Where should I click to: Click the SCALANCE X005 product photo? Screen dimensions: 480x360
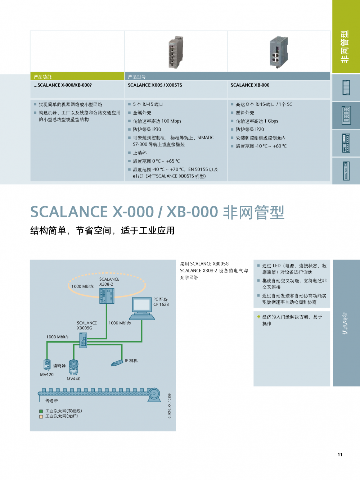coord(175,52)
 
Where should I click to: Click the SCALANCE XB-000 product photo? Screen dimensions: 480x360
coord(279,52)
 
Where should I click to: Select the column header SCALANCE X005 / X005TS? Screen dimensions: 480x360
coord(155,85)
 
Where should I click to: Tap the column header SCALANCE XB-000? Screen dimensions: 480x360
coord(250,85)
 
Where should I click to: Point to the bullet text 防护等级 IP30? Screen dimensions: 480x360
coord(147,130)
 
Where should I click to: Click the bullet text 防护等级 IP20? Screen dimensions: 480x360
coord(250,130)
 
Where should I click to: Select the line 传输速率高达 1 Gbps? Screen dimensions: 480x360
coord(257,121)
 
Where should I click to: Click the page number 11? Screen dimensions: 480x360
coord(340,455)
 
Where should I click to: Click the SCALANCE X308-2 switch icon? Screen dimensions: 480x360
coord(107,296)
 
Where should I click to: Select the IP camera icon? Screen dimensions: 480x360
coord(117,363)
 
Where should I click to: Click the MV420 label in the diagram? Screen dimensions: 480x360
coord(47,375)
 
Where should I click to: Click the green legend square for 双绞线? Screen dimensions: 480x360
coord(41,411)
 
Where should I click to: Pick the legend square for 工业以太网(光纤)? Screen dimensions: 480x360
coord(41,417)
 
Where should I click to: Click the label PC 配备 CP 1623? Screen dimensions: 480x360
coord(161,302)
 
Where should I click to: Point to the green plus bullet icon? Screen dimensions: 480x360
coord(258,317)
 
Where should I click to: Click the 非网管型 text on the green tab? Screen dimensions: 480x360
coord(345,47)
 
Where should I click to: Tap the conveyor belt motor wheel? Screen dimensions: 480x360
coord(154,394)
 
